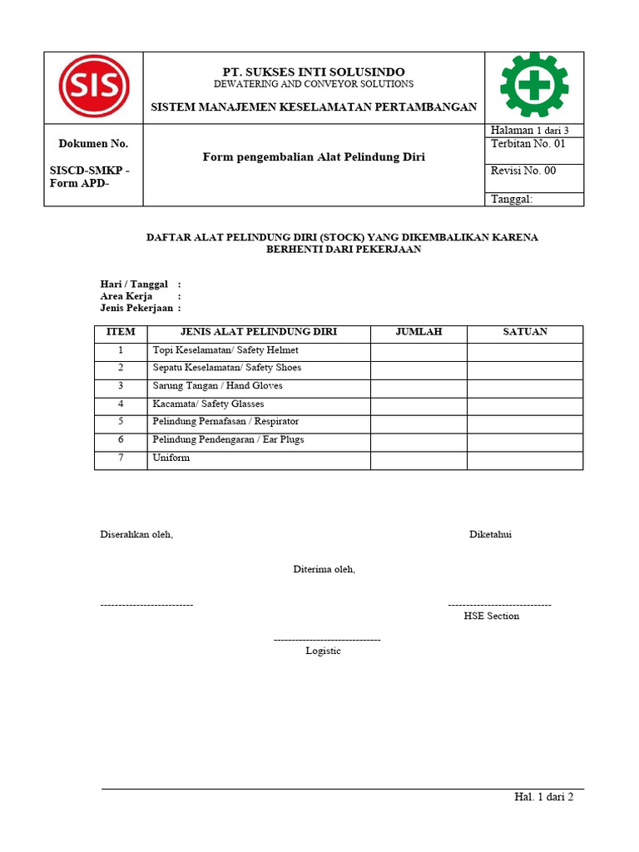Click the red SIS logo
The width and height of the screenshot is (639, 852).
(x=93, y=87)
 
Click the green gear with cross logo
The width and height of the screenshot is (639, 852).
(x=533, y=86)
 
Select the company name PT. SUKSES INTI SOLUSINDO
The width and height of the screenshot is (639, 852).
(x=313, y=72)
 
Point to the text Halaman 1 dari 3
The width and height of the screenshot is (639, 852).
(x=529, y=131)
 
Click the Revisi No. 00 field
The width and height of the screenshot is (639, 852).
(x=523, y=171)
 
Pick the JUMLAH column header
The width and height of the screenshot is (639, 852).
(x=419, y=332)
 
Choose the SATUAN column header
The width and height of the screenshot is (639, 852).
(x=525, y=332)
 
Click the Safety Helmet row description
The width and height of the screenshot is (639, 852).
(x=225, y=350)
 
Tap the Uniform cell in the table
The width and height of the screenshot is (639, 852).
(x=171, y=458)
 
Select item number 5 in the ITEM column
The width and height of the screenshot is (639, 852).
(x=121, y=422)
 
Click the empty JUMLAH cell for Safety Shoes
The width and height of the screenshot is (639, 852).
(x=419, y=368)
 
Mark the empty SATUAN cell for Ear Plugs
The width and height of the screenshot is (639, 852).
(x=525, y=439)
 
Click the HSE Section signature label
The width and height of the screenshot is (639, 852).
(x=491, y=617)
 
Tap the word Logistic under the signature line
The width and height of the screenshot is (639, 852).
(x=323, y=651)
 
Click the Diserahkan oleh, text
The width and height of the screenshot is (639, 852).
(x=136, y=534)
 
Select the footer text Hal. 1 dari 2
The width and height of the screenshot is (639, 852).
(x=543, y=797)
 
